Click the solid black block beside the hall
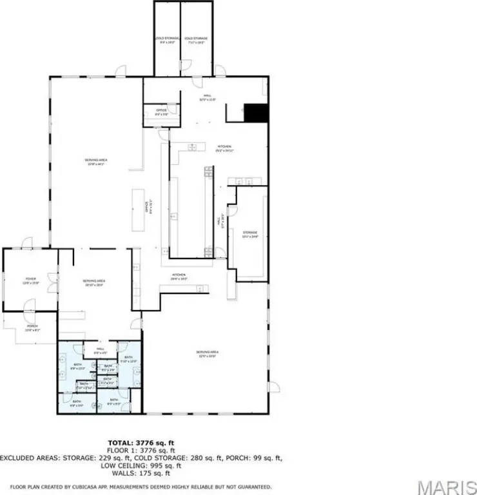tap(256, 113)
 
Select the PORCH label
tap(32, 327)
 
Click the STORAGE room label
tap(250, 234)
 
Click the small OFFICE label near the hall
tap(161, 112)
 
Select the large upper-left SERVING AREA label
tap(95, 162)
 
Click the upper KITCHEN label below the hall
tap(224, 148)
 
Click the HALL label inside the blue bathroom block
tap(100, 351)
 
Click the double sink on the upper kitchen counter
tap(193, 148)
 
